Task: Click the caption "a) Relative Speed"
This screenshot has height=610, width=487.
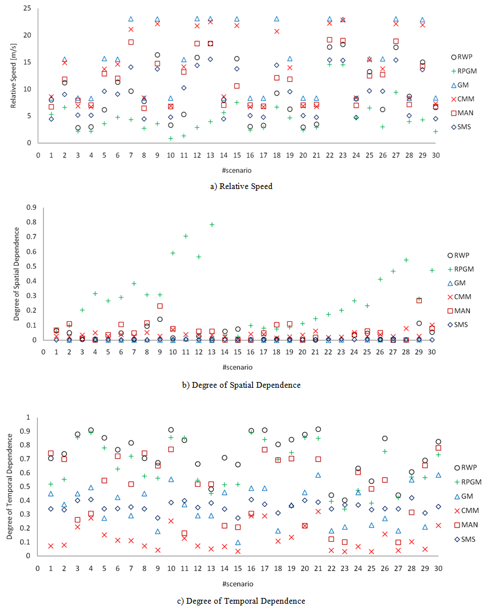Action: [x=242, y=186]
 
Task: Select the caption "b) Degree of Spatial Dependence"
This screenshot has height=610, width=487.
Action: [x=241, y=385]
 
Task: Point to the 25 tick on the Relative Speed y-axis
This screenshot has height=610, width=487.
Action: [x=27, y=9]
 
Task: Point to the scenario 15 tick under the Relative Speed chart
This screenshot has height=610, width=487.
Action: [x=237, y=154]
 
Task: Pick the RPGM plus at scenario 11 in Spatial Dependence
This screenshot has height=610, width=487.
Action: [x=186, y=235]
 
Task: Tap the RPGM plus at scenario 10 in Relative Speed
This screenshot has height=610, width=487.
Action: [x=171, y=138]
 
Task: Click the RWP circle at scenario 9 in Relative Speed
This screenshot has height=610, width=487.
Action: [x=158, y=55]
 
